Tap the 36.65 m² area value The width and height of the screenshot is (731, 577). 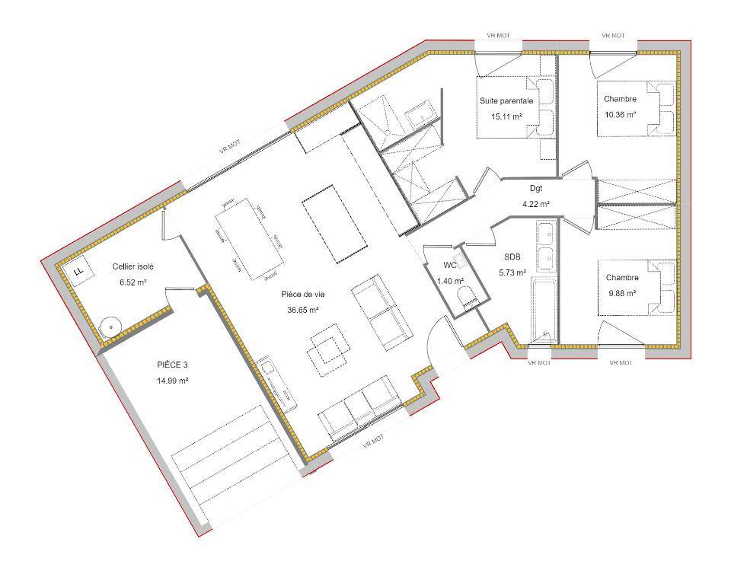coord(303,310)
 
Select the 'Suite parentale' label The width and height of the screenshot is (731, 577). coord(506,100)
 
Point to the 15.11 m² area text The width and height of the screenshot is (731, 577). coord(506,116)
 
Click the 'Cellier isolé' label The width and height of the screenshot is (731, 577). coord(132,266)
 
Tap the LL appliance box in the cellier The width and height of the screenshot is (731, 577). coord(78,271)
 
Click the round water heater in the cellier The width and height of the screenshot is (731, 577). coord(110,327)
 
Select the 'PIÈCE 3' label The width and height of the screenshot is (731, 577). coord(172,365)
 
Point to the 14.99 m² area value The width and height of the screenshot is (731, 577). coord(173,381)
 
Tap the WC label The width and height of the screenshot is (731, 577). coord(450,265)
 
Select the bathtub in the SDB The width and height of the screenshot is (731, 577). coord(544,311)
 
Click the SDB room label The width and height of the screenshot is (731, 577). coord(512,257)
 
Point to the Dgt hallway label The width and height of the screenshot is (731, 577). coord(536,189)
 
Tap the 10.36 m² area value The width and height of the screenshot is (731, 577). coord(620,115)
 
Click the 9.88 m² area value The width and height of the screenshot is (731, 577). coord(622,293)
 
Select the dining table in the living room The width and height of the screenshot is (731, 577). coord(250,238)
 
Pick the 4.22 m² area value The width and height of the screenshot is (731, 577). coord(536,204)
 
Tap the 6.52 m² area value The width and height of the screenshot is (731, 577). coord(133,282)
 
